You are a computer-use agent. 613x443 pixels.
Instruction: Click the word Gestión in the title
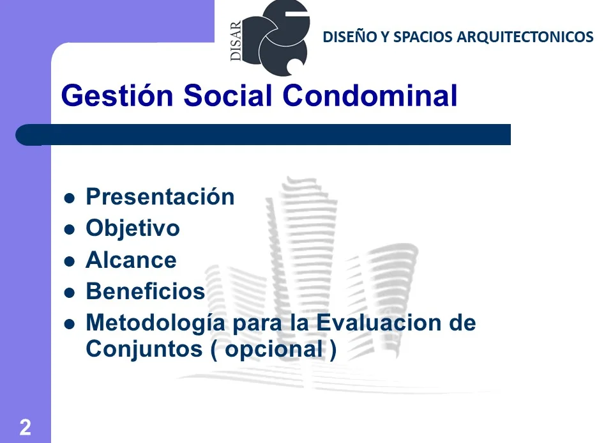117,96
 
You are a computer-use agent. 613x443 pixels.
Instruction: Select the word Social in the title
227,95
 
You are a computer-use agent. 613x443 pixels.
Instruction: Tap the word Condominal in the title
370,95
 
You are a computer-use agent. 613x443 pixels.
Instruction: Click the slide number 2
26,427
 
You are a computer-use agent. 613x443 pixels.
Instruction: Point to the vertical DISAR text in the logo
236,41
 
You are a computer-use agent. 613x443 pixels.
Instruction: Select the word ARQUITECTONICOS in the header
525,37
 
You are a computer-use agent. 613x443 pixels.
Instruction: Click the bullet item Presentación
160,196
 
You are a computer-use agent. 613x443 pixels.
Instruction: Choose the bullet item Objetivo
133,228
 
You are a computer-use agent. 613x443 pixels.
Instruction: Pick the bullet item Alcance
131,260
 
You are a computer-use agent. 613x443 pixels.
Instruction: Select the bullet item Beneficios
146,291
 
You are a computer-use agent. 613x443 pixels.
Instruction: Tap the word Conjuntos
144,350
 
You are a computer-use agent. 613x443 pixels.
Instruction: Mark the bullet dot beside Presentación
69,198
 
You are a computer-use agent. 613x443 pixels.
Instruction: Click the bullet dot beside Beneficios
69,293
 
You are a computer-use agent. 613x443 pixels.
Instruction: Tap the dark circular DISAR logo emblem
276,38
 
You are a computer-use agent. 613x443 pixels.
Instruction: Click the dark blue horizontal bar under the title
263,135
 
